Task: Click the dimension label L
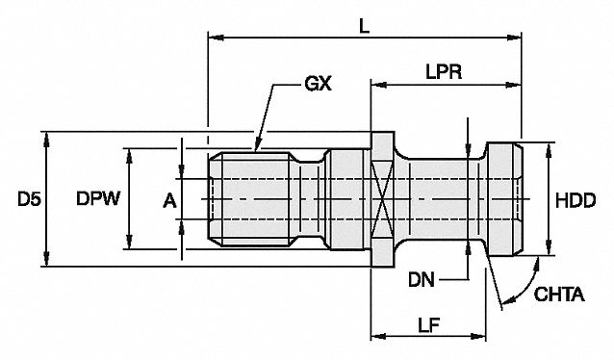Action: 365,26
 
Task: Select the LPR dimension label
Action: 444,72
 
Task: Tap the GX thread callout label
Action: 318,84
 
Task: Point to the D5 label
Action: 29,199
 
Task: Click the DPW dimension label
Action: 98,198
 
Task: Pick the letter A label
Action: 170,201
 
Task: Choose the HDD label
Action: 576,200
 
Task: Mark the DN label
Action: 422,280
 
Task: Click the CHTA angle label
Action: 559,295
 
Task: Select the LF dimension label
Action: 429,324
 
